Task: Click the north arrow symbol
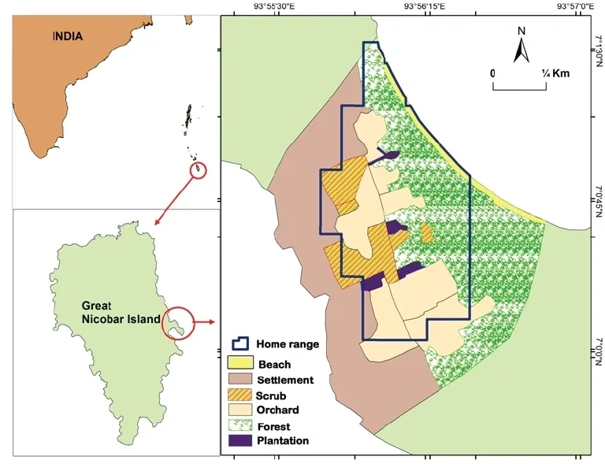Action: (521, 46)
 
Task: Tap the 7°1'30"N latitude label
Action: (599, 49)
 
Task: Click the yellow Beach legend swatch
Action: (238, 364)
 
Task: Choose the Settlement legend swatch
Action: (238, 380)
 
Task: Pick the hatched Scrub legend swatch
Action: (238, 395)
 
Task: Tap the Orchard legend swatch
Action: (238, 410)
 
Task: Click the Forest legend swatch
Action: (238, 425)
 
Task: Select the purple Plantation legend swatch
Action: (238, 440)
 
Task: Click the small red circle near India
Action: (198, 170)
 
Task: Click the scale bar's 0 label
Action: (493, 73)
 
